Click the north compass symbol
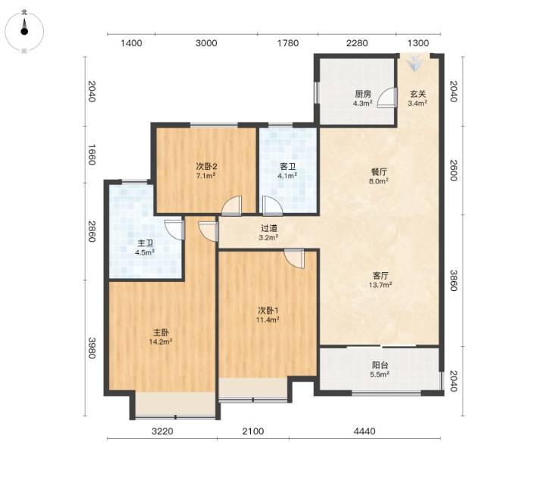(24, 31)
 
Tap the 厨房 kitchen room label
(363, 94)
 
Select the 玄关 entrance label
(418, 94)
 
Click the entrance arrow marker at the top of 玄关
(415, 63)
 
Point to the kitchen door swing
(387, 97)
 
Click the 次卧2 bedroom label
(206, 166)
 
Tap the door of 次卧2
(231, 205)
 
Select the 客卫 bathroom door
(272, 205)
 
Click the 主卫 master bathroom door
(174, 229)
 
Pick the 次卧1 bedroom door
(294, 258)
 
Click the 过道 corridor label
(269, 229)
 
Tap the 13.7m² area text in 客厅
(380, 285)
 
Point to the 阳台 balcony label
(380, 365)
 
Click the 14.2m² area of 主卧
(161, 341)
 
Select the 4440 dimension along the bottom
(365, 431)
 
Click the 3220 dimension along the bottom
(162, 431)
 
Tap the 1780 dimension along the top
(288, 43)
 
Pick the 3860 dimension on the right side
(453, 280)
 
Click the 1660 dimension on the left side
(92, 155)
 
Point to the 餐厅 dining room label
(379, 172)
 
